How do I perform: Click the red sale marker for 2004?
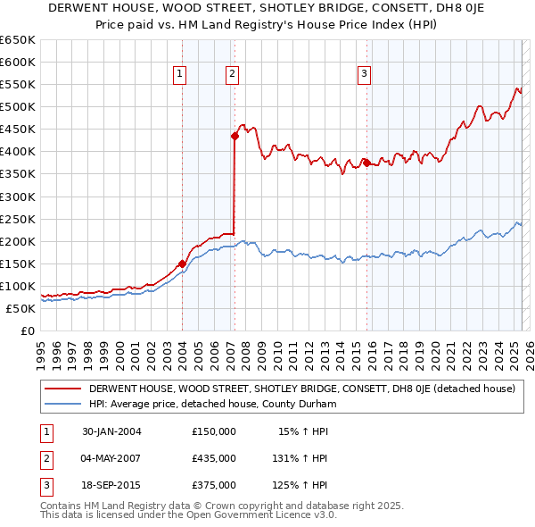pos(182,263)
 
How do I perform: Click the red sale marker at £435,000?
pos(235,136)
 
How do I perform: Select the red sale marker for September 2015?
pos(366,163)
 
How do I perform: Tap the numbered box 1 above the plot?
pos(180,75)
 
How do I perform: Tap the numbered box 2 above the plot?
pos(232,75)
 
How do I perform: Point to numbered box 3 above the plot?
pos(365,75)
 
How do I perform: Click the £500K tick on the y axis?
pos(17,107)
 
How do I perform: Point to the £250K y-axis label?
pos(17,219)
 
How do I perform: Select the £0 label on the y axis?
pos(26,330)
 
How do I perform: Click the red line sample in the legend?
pos(63,389)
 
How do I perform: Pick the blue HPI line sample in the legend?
pos(63,403)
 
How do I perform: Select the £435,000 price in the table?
pos(214,458)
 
